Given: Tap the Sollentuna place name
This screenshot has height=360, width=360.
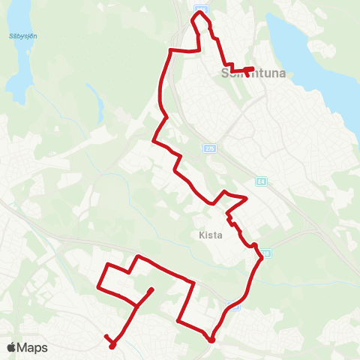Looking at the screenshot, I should (249, 73).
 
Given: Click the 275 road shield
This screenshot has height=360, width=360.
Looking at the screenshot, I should (209, 148).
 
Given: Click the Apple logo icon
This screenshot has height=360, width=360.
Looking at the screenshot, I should (12, 347).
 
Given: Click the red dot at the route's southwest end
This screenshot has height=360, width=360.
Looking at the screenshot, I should (112, 346).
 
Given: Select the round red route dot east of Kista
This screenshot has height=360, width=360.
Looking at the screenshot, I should (254, 245).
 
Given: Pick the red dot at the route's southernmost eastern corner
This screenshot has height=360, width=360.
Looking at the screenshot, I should (211, 340).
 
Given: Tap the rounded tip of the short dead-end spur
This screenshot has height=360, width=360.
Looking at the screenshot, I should (152, 289).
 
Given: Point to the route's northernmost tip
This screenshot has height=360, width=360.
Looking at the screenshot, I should (200, 12).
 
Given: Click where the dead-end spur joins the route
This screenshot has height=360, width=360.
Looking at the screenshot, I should (136, 306).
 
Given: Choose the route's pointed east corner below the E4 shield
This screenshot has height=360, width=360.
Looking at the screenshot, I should (246, 198).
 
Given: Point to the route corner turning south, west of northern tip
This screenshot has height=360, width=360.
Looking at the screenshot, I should (172, 50).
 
